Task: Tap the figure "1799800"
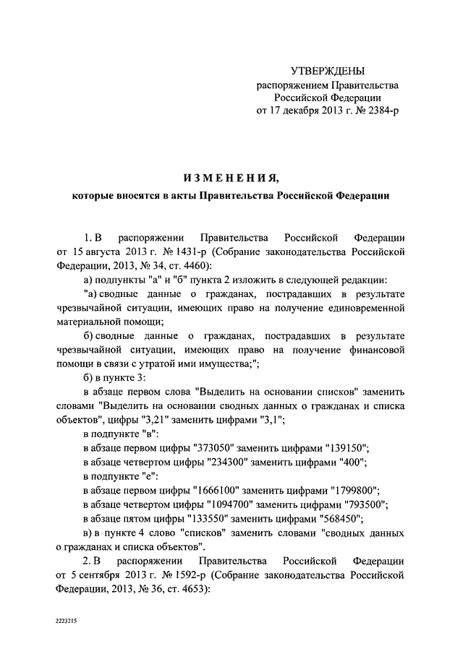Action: (351, 490)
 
